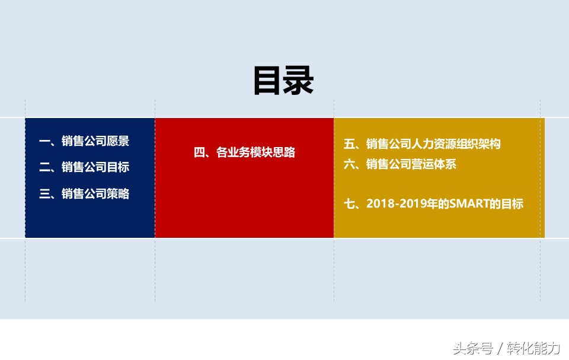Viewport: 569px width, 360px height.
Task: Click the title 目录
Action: (x=283, y=81)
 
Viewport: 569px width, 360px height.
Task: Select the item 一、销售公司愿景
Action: (x=84, y=141)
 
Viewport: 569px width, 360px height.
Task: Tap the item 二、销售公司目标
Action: (x=84, y=167)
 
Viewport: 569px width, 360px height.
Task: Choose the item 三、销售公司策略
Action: (x=84, y=194)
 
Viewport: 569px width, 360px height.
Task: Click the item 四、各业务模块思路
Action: (x=244, y=152)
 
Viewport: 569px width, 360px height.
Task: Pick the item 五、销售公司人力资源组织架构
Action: (x=422, y=144)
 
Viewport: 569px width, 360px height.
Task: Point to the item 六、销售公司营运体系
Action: (x=400, y=164)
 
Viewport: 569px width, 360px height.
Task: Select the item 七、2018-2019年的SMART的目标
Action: (x=433, y=204)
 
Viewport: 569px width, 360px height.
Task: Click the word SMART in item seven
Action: (x=468, y=204)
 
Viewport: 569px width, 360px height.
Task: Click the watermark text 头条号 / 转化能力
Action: (x=507, y=347)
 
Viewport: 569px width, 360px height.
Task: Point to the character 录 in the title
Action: (x=299, y=81)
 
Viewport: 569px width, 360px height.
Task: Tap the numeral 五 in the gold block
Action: (x=349, y=144)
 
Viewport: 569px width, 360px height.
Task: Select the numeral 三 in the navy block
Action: (x=44, y=194)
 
